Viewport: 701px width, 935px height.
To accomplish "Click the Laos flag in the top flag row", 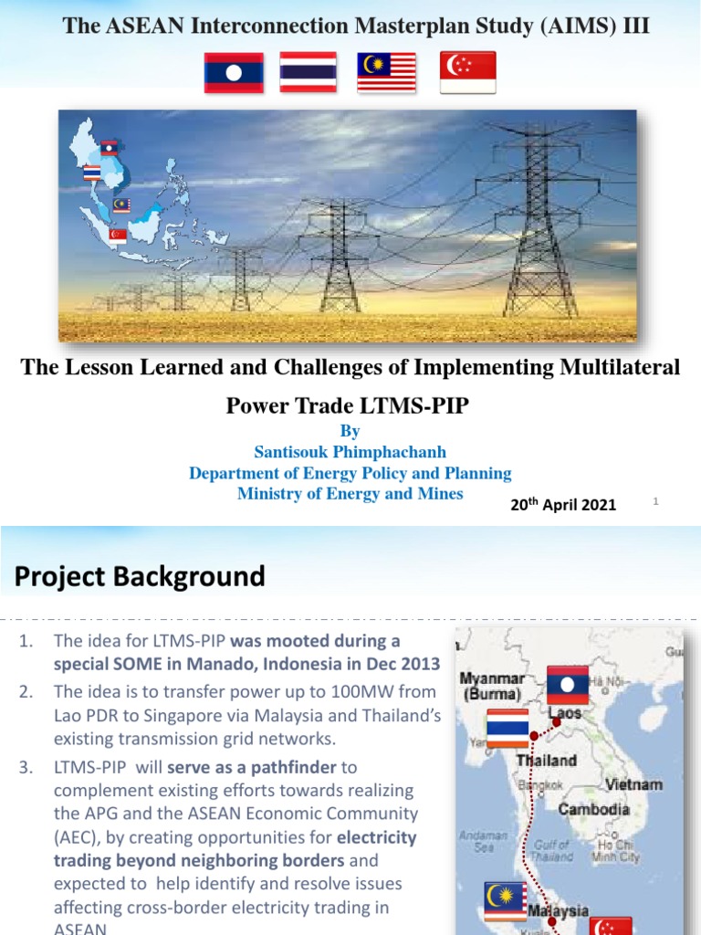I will pos(233,72).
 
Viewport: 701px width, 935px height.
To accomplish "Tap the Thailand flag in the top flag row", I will pos(308,72).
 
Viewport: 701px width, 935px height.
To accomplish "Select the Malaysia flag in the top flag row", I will pos(386,72).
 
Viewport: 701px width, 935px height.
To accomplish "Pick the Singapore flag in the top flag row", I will pos(467,72).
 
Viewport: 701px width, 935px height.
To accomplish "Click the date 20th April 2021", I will pos(563,504).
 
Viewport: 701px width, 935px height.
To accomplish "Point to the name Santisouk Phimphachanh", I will pos(350,452).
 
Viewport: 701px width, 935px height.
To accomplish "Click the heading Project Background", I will pos(140,576).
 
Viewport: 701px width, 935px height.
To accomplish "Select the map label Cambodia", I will pos(593,809).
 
